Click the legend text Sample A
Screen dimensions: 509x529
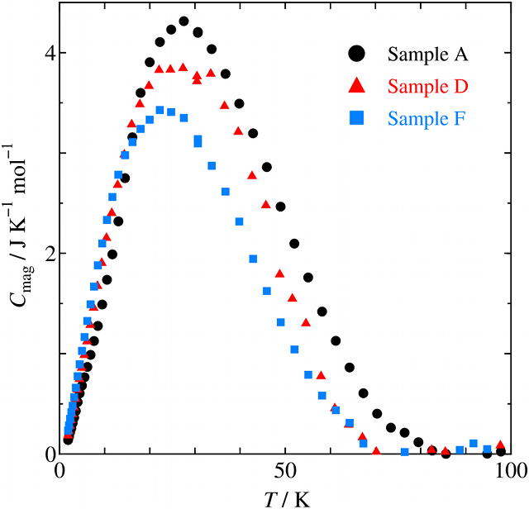[x=428, y=55]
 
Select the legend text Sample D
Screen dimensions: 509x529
[x=428, y=87]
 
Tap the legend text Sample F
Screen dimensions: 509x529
[x=428, y=119]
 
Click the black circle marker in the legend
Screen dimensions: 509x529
[x=356, y=55]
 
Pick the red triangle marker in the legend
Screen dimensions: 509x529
[x=356, y=86]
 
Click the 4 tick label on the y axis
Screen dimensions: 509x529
[x=50, y=53]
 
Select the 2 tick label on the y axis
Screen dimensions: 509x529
[x=50, y=254]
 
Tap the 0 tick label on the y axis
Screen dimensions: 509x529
[x=50, y=454]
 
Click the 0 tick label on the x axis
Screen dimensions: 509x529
[x=60, y=472]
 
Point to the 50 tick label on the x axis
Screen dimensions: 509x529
[x=285, y=472]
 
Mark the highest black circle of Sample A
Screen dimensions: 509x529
[x=183, y=21]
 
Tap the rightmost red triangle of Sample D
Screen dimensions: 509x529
[x=501, y=445]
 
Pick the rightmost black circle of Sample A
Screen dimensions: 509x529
[x=501, y=452]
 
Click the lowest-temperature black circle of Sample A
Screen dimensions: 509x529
[x=68, y=440]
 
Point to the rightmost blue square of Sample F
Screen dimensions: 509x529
[x=488, y=449]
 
